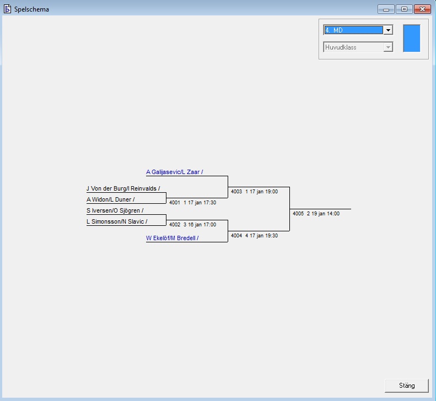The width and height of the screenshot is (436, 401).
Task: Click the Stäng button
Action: point(407,386)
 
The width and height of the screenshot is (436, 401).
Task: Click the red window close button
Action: point(422,9)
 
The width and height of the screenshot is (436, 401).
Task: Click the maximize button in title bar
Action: point(404,9)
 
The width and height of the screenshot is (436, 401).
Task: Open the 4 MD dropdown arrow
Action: point(388,30)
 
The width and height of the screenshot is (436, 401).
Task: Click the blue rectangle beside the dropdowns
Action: point(411,38)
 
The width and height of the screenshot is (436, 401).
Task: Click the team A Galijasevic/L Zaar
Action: point(174,172)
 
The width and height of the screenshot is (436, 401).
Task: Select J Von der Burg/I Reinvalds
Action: point(123,188)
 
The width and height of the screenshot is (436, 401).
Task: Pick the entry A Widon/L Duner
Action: point(110,199)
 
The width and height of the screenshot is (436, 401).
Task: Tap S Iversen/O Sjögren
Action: point(115,210)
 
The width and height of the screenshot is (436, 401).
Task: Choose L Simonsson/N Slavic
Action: point(117,221)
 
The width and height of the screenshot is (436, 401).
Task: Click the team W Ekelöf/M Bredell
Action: point(172,238)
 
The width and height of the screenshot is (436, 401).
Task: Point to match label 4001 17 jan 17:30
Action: point(192,203)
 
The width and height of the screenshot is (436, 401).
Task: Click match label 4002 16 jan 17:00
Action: point(192,225)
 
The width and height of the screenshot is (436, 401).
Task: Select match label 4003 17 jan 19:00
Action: point(254,192)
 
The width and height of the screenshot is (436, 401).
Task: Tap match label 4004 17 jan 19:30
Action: point(254,236)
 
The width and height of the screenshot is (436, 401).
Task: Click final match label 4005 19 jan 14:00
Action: point(316,214)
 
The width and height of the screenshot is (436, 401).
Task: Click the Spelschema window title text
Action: point(31,9)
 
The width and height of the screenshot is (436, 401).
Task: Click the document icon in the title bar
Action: point(8,9)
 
